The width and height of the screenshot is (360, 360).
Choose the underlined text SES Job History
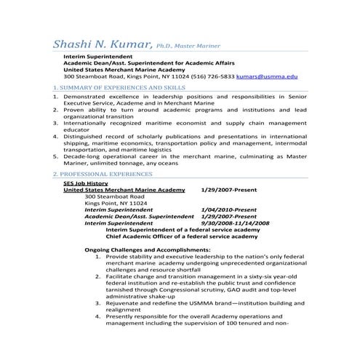tap(86, 184)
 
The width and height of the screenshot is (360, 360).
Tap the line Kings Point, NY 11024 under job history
tap(115, 203)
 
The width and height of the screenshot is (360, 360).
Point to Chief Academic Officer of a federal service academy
tap(182, 236)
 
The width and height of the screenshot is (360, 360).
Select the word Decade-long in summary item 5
tap(84, 156)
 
